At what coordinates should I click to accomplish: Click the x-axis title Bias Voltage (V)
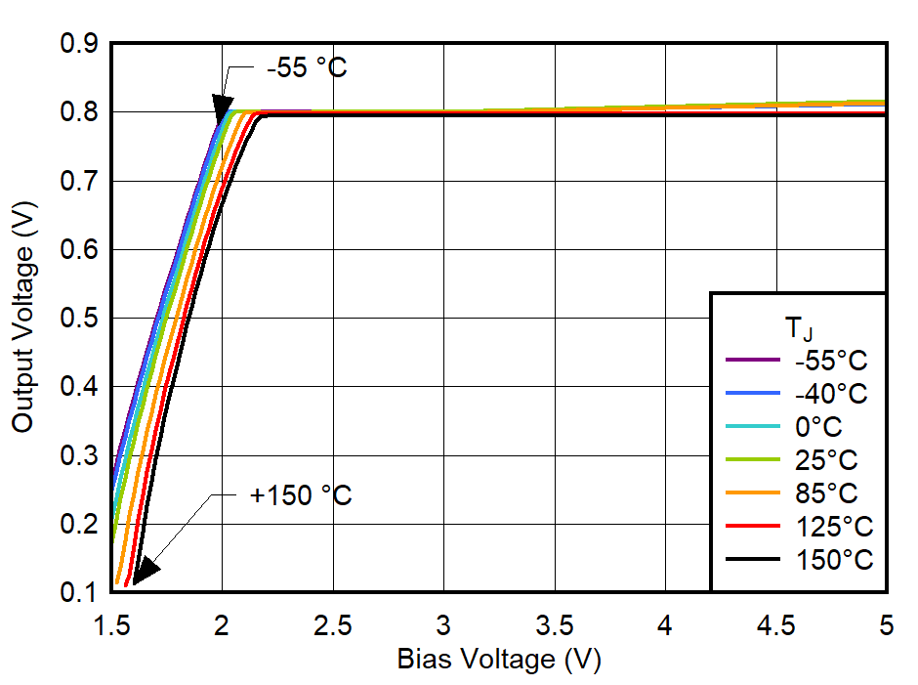point(499,660)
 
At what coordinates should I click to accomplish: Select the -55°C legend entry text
point(831,361)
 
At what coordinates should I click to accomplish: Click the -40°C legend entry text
point(831,394)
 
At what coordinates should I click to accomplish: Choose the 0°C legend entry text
point(818,427)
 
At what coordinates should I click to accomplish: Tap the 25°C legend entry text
point(825,460)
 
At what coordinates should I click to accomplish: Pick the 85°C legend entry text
point(825,493)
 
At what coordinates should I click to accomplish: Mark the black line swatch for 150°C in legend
point(753,560)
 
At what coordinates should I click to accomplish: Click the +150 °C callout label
point(301,495)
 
